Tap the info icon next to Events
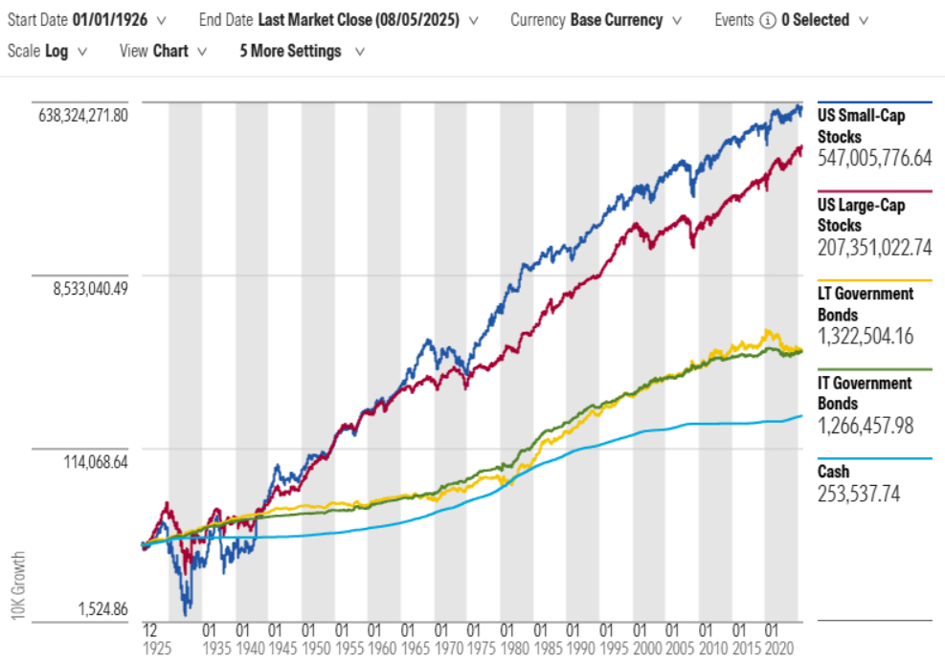click(767, 19)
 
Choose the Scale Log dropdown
click(47, 52)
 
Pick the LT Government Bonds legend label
click(866, 303)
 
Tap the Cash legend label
click(834, 472)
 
